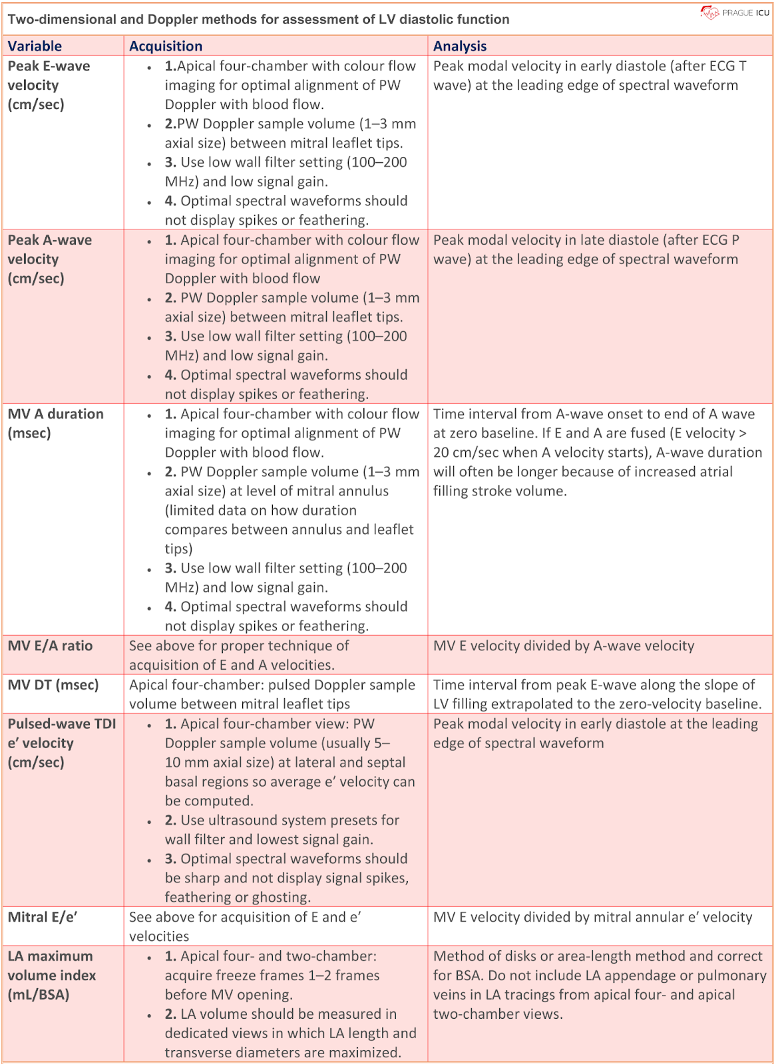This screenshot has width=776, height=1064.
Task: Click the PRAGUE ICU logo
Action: click(x=735, y=13)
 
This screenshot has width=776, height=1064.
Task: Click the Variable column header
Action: click(x=35, y=46)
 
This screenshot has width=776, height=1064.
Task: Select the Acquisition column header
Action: click(x=166, y=46)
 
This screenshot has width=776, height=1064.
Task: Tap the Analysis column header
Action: click(x=460, y=46)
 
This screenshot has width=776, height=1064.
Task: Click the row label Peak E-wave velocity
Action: click(x=49, y=85)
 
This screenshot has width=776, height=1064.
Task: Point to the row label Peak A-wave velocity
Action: click(x=49, y=259)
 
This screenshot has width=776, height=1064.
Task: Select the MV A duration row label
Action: click(x=55, y=423)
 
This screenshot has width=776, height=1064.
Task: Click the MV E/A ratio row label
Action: click(x=50, y=646)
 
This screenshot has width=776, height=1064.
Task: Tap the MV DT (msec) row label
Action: click(x=53, y=685)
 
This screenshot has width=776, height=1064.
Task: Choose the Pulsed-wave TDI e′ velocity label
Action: click(x=61, y=743)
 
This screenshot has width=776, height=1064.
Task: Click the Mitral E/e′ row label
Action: click(x=43, y=917)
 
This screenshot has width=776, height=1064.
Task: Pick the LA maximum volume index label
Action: click(x=51, y=975)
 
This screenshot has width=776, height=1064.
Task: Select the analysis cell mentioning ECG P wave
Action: click(x=586, y=250)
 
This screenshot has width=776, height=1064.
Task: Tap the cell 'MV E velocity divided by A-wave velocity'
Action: click(x=563, y=646)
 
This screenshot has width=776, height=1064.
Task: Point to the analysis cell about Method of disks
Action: click(x=599, y=985)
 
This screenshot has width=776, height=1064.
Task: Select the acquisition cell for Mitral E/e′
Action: click(x=244, y=926)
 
